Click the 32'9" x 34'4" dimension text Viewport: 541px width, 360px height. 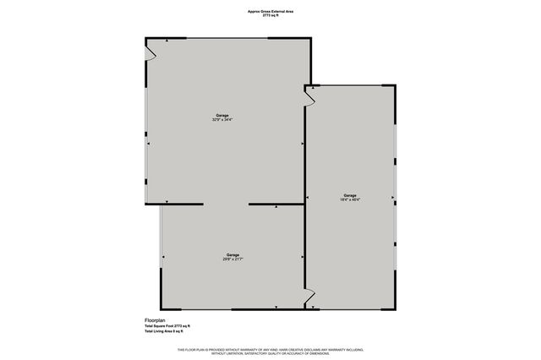[x=222, y=120]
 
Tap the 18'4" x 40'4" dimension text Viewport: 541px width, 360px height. [x=351, y=200]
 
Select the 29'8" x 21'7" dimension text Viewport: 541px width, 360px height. [x=233, y=259]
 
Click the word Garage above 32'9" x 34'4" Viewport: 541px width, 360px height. [x=222, y=115]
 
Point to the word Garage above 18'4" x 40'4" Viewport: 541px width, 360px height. [x=351, y=195]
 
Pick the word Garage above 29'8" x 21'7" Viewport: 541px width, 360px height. [x=233, y=254]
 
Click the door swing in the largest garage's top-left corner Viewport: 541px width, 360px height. [x=150, y=53]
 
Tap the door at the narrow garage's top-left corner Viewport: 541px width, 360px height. [x=310, y=96]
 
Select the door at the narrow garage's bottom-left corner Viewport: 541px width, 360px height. [x=309, y=297]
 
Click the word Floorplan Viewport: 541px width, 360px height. [x=156, y=319]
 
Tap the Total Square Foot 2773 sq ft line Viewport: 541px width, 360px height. [x=167, y=326]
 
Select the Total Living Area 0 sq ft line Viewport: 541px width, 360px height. [x=167, y=331]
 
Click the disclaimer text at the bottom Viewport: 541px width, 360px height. [x=270, y=351]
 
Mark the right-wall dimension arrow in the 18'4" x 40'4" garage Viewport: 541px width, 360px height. [x=393, y=199]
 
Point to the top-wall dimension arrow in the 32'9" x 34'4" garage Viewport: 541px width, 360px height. [x=167, y=41]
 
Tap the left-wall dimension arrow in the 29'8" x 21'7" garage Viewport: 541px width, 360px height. [x=163, y=257]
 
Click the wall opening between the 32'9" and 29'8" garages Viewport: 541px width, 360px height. [x=226, y=205]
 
